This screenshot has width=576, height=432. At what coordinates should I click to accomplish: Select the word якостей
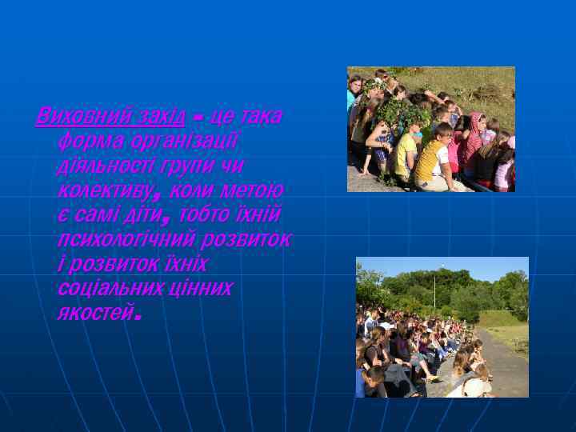[x=94, y=312]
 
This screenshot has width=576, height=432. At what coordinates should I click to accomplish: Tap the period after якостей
[x=138, y=318]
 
